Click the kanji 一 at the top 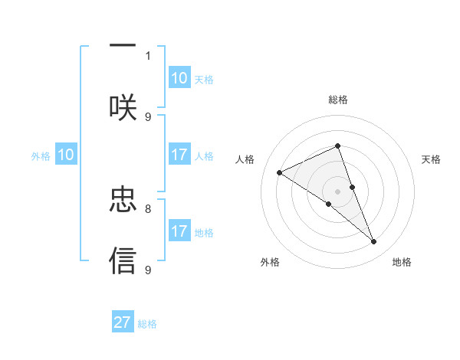pyautogui.click(x=123, y=46)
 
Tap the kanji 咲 pyautogui.click(x=123, y=107)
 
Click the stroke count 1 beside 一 pyautogui.click(x=148, y=55)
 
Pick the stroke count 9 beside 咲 pyautogui.click(x=148, y=116)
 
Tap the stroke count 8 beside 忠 pyautogui.click(x=148, y=208)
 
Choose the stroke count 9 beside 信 pyautogui.click(x=148, y=270)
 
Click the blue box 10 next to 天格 pyautogui.click(x=179, y=78)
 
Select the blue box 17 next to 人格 pyautogui.click(x=179, y=155)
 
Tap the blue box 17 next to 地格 pyautogui.click(x=179, y=231)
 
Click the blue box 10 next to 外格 pyautogui.click(x=66, y=155)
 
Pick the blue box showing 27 pyautogui.click(x=123, y=322)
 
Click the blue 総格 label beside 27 pyautogui.click(x=147, y=324)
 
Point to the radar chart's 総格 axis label pyautogui.click(x=338, y=100)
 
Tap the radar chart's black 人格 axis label pyautogui.click(x=245, y=159)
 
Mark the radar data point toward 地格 pyautogui.click(x=373, y=242)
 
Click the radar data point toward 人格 pyautogui.click(x=280, y=172)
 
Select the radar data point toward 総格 pyautogui.click(x=337, y=146)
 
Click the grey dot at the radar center pyautogui.click(x=337, y=190)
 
